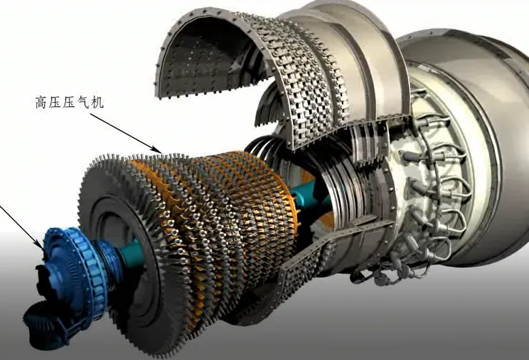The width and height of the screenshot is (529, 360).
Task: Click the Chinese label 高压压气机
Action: pos(70,102)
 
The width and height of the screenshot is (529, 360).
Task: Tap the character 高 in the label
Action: pos(41,102)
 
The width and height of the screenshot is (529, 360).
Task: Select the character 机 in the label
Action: pos(98,102)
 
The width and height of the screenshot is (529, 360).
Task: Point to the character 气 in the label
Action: pos(84,102)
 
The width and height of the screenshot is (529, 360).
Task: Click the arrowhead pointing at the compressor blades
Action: pos(158,149)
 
